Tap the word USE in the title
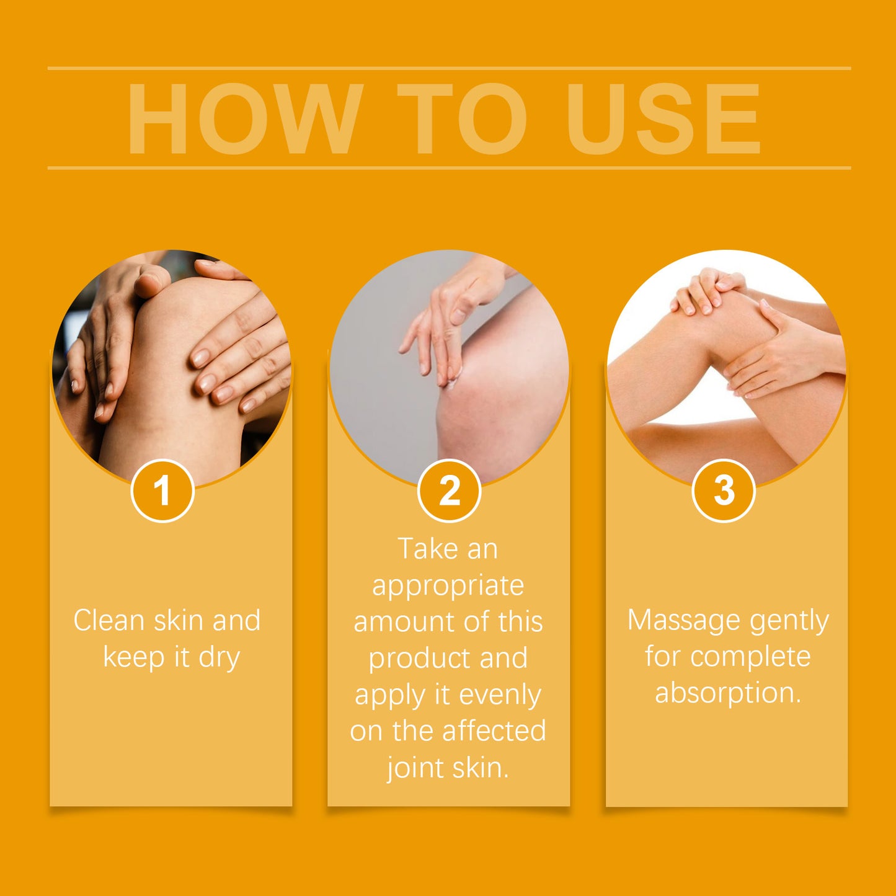[x=663, y=119]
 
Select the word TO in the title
[x=462, y=119]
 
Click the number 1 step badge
[x=162, y=490]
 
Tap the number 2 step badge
[x=449, y=490]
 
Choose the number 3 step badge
[x=723, y=490]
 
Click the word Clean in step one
[x=109, y=621]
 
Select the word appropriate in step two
[x=448, y=586]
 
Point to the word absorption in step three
[x=727, y=693]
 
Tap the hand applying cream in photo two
[x=446, y=322]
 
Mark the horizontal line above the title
[x=449, y=68]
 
